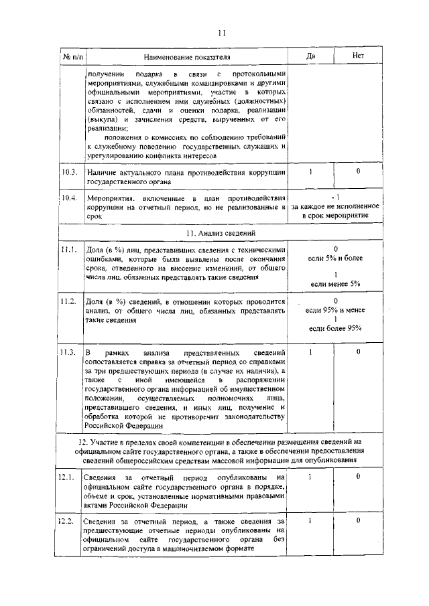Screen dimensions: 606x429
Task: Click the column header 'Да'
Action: (310, 56)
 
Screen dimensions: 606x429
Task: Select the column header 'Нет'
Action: (358, 56)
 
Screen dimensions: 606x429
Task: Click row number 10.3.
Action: (69, 173)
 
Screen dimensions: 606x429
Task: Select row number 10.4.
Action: (69, 198)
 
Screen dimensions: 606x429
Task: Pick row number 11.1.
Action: (69, 250)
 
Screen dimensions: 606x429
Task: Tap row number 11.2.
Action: (69, 303)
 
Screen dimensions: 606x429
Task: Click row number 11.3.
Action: (69, 352)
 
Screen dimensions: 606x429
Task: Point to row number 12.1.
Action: (69, 477)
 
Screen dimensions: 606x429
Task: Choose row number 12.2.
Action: (69, 520)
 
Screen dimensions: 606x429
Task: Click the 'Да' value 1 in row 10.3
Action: (310, 172)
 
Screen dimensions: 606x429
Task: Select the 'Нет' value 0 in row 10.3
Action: (358, 172)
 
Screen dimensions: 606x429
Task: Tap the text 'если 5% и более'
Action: (335, 258)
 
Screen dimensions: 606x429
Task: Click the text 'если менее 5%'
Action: (335, 285)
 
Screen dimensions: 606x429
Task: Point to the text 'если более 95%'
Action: (335, 328)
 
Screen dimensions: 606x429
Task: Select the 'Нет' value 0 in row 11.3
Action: (358, 352)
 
